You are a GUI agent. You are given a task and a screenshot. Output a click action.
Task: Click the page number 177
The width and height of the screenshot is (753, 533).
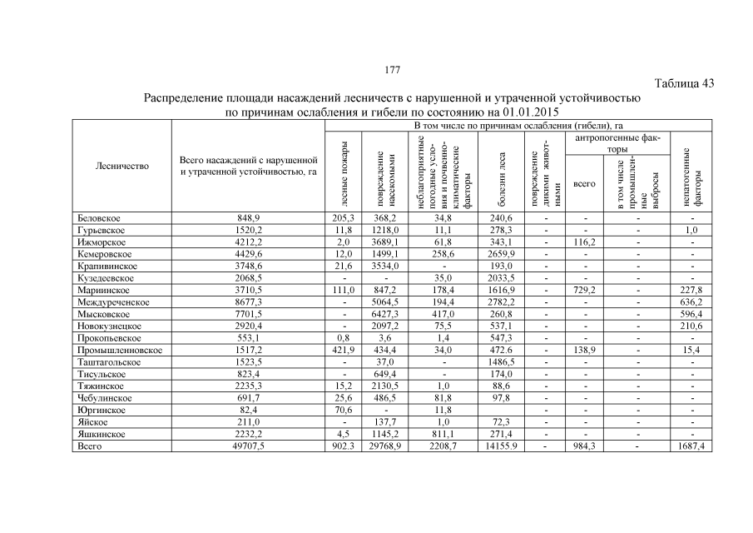coord(391,68)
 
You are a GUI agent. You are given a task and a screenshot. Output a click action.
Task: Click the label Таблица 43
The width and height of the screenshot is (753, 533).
coord(684,83)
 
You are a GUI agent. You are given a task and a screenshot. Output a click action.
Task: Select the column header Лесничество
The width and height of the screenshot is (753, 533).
coord(121,166)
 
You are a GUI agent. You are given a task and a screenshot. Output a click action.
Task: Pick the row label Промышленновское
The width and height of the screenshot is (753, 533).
coord(119,351)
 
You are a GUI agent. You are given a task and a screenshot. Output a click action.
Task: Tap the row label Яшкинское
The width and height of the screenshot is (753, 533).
coord(102,435)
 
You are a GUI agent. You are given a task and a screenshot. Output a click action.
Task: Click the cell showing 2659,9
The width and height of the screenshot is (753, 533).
coord(501,254)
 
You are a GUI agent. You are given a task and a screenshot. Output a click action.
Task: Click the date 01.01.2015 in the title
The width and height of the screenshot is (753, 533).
coord(525,112)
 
